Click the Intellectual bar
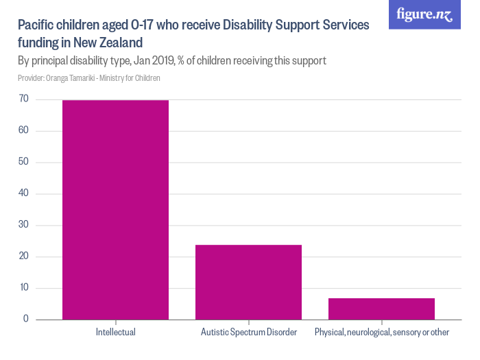point(115,209)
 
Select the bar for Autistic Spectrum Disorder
point(248,282)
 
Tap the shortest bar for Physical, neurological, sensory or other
point(381,309)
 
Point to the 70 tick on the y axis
point(23,99)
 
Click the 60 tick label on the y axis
point(23,131)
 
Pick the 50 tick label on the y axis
point(23,163)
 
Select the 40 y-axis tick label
point(23,193)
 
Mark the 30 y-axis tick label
point(23,225)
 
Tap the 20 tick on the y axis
point(23,256)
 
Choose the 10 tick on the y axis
point(23,288)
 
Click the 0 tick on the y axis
point(25,320)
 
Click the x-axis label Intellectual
point(115,333)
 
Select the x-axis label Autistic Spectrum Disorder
point(248,333)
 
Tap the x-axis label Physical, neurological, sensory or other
point(381,333)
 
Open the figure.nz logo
point(424,14)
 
